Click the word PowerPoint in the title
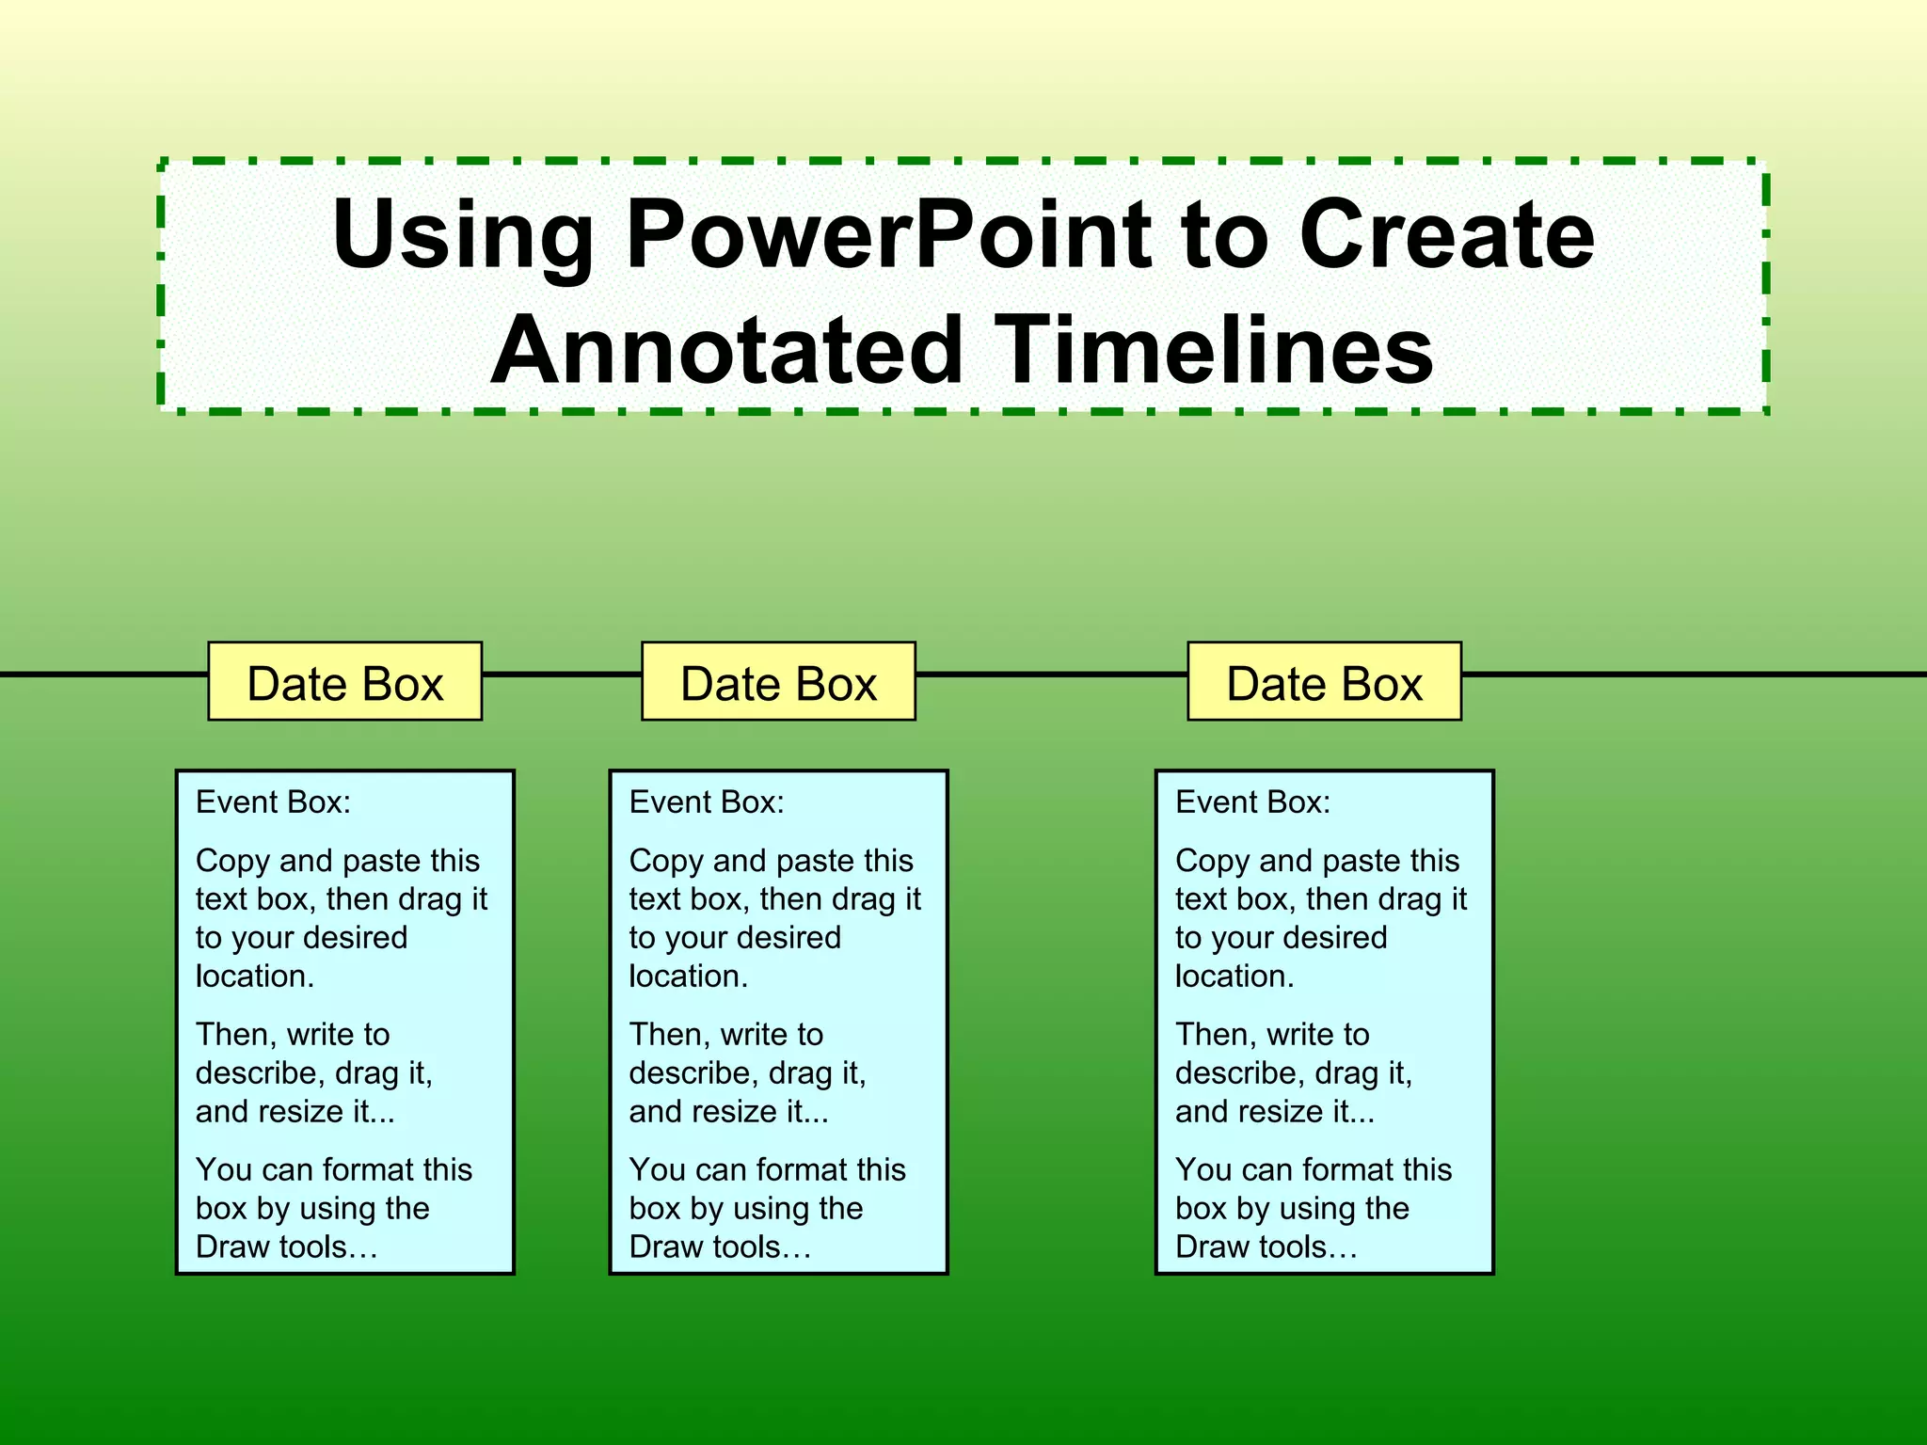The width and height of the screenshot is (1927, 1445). pyautogui.click(x=887, y=235)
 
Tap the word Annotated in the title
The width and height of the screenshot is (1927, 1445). pyautogui.click(x=725, y=350)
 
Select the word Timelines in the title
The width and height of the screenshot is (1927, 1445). pyautogui.click(x=1214, y=350)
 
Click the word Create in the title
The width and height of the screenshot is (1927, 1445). pyautogui.click(x=1446, y=235)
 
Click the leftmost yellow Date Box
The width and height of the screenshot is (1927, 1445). pyautogui.click(x=344, y=682)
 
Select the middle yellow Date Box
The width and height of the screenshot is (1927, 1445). pyautogui.click(x=778, y=682)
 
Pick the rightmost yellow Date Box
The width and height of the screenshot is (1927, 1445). pyautogui.click(x=1324, y=682)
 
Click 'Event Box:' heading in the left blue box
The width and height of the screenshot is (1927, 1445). pyautogui.click(x=273, y=802)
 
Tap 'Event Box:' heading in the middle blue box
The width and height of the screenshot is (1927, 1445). pyautogui.click(x=707, y=802)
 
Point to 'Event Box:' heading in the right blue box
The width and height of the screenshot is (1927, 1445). pyautogui.click(x=1252, y=802)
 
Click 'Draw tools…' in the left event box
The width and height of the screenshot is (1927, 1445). pyautogui.click(x=286, y=1247)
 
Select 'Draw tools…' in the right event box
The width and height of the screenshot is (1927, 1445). pyautogui.click(x=1266, y=1247)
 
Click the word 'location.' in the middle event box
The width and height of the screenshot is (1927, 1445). pyautogui.click(x=688, y=977)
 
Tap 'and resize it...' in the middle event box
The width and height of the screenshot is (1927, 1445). pyautogui.click(x=728, y=1112)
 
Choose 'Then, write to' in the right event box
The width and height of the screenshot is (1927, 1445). pyautogui.click(x=1272, y=1035)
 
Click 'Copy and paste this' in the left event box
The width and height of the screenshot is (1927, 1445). pyautogui.click(x=338, y=861)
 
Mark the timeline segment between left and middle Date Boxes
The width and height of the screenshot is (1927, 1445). pyautogui.click(x=562, y=675)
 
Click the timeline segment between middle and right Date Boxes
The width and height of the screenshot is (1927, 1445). pyautogui.click(x=1051, y=675)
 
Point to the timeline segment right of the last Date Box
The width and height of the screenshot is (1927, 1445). pyautogui.click(x=1694, y=675)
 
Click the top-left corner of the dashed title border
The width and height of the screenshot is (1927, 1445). pyautogui.click(x=162, y=163)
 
